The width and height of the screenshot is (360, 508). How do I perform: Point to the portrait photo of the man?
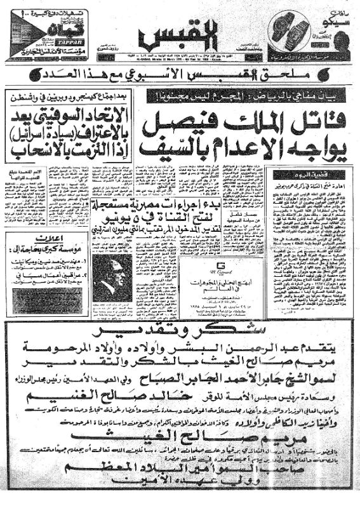pyautogui.click(x=111, y=278)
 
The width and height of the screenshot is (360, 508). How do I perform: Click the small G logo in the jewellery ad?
pyautogui.click(x=221, y=265)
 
